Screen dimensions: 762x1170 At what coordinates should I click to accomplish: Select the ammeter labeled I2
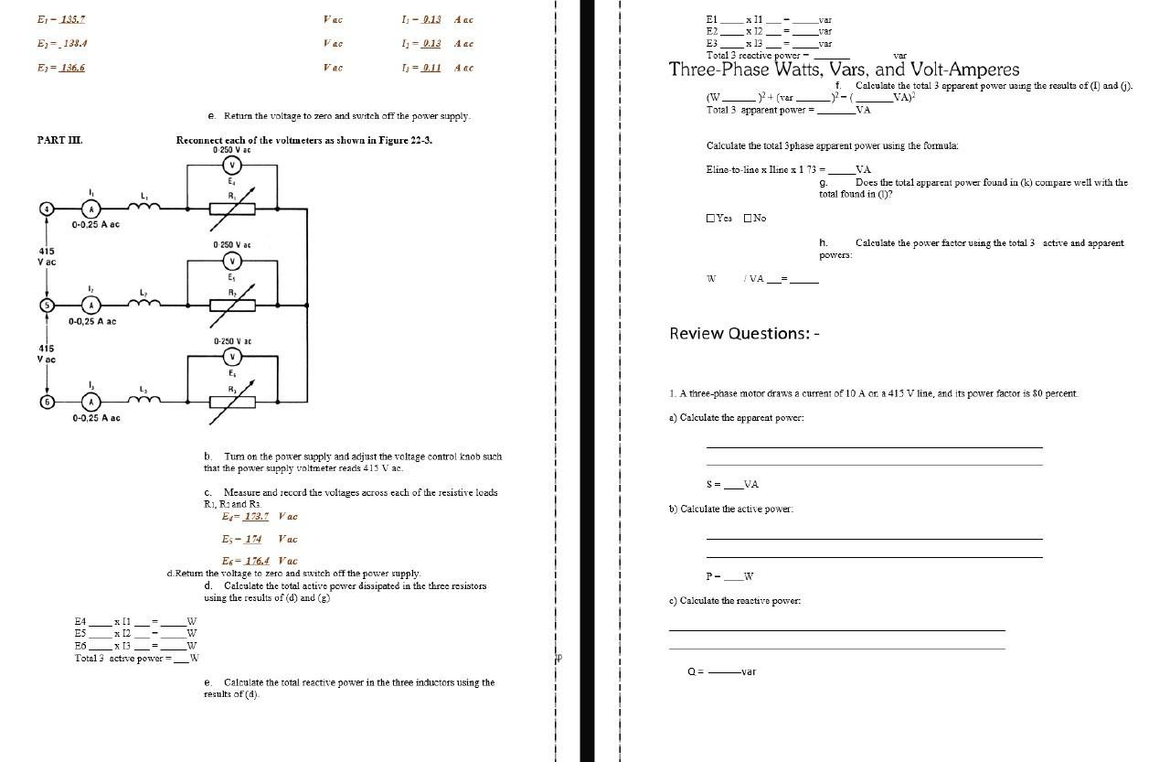point(90,305)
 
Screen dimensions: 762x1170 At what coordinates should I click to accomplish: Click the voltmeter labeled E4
point(232,166)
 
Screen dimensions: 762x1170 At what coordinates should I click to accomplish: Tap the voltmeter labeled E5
point(232,261)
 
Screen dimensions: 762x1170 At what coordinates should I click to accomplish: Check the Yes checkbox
point(711,219)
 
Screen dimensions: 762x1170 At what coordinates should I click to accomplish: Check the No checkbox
point(748,219)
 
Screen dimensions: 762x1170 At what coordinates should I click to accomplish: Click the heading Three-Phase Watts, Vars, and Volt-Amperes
point(843,70)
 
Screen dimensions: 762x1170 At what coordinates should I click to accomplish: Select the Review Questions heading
point(744,334)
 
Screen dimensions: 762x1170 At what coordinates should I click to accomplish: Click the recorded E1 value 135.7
point(72,19)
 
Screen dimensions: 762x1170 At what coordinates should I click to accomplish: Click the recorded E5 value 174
point(252,539)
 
